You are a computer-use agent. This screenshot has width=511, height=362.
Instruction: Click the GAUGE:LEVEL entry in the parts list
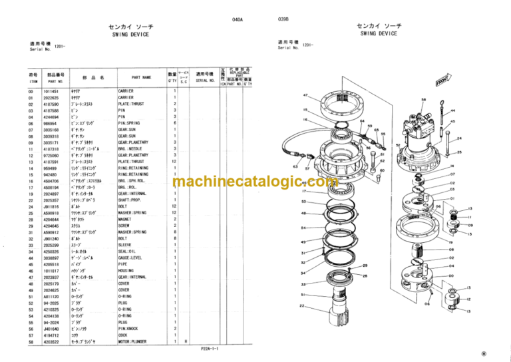131,256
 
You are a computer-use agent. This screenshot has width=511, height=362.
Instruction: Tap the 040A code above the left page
238,20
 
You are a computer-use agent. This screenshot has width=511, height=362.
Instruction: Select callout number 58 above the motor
423,99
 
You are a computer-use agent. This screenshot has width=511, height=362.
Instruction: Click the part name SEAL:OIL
128,250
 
